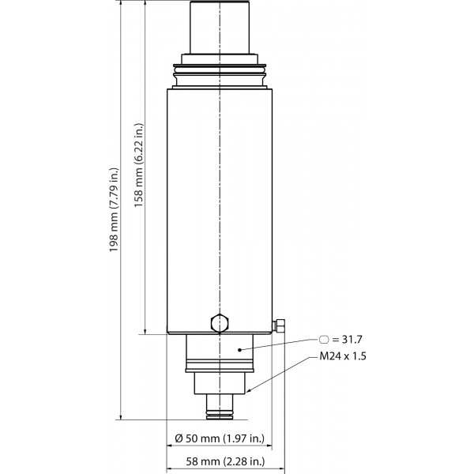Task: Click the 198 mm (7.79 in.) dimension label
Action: click(115, 210)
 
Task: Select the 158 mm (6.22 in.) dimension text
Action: click(139, 165)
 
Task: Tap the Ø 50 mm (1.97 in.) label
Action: click(220, 438)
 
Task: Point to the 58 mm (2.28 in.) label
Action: click(225, 461)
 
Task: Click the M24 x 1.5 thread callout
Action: click(343, 356)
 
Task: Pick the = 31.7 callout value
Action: click(347, 340)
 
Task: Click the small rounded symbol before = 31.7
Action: click(324, 340)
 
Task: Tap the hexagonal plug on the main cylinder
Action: click(220, 323)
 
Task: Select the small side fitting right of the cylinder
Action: click(279, 325)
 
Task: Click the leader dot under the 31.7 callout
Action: click(239, 350)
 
